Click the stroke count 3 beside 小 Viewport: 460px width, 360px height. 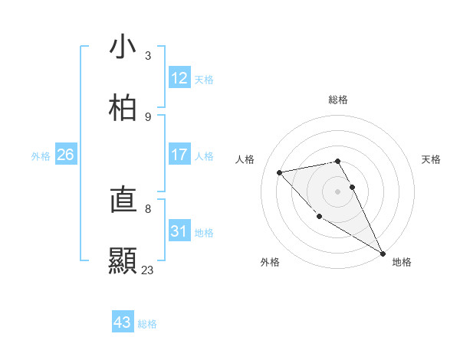pyautogui.click(x=148, y=55)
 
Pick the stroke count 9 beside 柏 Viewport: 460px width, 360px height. pyautogui.click(x=148, y=116)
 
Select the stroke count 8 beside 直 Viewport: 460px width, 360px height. pyautogui.click(x=148, y=208)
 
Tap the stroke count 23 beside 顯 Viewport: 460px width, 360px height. pyautogui.click(x=148, y=270)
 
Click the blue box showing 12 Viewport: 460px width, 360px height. pyautogui.click(x=179, y=78)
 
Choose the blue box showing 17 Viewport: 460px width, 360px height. pyautogui.click(x=179, y=155)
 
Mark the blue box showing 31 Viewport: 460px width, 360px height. pyautogui.click(x=179, y=231)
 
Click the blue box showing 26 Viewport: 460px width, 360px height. pyautogui.click(x=66, y=155)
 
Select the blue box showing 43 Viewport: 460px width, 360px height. pyautogui.click(x=123, y=322)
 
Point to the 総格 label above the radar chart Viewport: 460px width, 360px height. pyautogui.click(x=338, y=100)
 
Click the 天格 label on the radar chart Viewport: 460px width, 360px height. pyautogui.click(x=432, y=159)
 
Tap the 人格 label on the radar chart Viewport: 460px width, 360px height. pyautogui.click(x=246, y=159)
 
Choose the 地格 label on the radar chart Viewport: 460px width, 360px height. pyautogui.click(x=402, y=262)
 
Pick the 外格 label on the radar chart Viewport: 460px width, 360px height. pyautogui.click(x=270, y=262)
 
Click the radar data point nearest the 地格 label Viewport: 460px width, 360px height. pyautogui.click(x=383, y=254)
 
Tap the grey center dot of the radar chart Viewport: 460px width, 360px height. pyautogui.click(x=338, y=191)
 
